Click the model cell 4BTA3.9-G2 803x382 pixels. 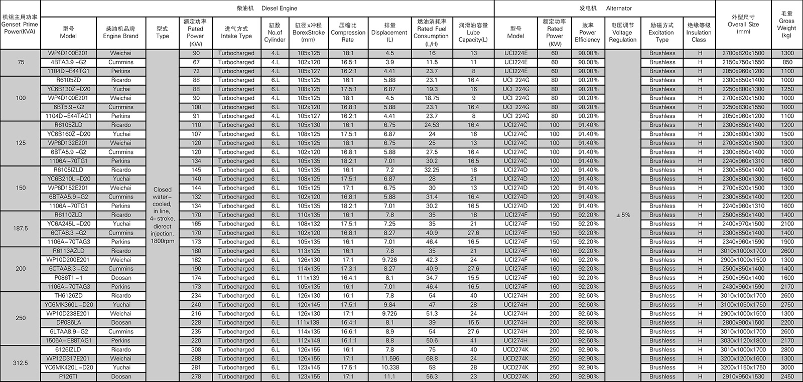[68, 62]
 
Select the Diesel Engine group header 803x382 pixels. [266, 8]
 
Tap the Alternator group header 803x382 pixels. [604, 8]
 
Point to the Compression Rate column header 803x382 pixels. [348, 33]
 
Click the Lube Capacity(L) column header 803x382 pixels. [473, 33]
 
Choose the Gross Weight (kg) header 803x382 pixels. [786, 25]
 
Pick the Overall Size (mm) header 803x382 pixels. [743, 24]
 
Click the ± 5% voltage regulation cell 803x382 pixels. [622, 215]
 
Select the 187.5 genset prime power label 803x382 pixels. [21, 229]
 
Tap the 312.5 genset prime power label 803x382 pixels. [21, 363]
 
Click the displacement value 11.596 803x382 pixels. [389, 358]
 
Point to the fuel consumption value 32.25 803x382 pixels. [432, 170]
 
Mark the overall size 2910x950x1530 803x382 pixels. [743, 376]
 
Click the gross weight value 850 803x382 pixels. [787, 62]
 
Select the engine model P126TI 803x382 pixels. [68, 376]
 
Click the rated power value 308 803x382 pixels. [196, 349]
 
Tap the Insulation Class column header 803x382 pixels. [699, 33]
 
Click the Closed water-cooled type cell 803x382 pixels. [163, 215]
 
